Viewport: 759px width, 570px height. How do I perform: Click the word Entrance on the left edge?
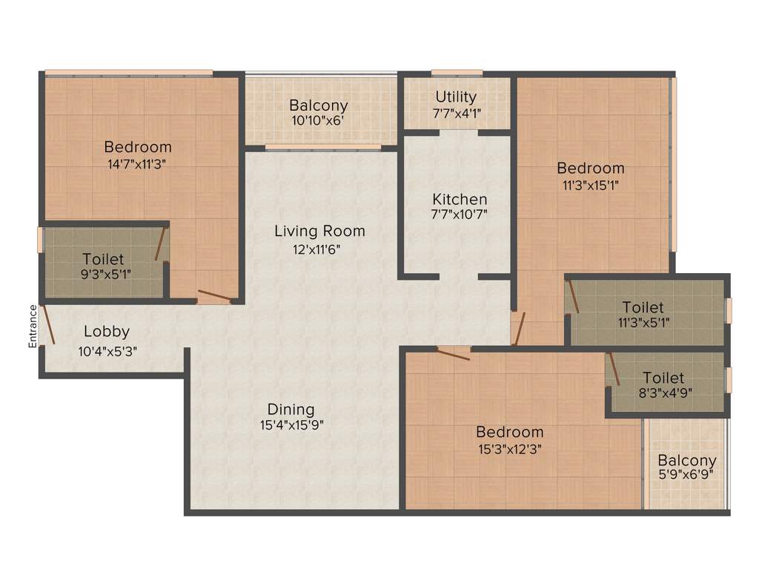(32, 327)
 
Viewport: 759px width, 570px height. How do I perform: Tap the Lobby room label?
(106, 332)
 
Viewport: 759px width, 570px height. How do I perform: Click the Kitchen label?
(460, 199)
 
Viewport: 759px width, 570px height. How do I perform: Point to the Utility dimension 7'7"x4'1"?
(456, 114)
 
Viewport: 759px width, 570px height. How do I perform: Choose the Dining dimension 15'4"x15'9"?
(291, 425)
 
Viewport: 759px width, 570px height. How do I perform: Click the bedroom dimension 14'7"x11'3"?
(137, 164)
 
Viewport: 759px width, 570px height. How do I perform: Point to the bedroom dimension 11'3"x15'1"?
(591, 185)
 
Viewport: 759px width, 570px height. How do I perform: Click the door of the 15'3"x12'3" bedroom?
(453, 353)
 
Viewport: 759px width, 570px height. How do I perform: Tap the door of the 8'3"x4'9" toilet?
(613, 369)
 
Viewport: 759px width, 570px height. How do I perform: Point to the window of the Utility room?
(457, 73)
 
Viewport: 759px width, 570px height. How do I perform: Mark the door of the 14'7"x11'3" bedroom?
(215, 297)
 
